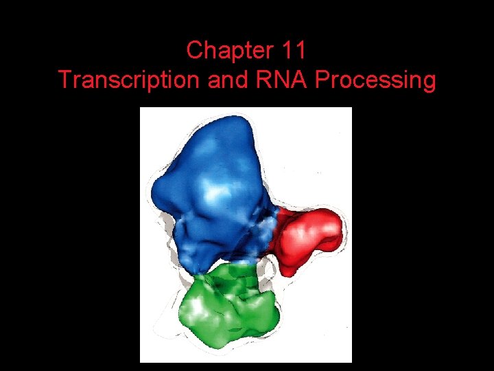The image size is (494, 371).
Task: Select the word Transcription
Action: [130, 81]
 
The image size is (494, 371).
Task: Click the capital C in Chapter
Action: [194, 51]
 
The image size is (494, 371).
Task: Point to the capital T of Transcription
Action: [65, 81]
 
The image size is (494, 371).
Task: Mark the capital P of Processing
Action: [321, 81]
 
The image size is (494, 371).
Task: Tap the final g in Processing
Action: [428, 82]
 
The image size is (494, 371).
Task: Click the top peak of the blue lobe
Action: [237, 121]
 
